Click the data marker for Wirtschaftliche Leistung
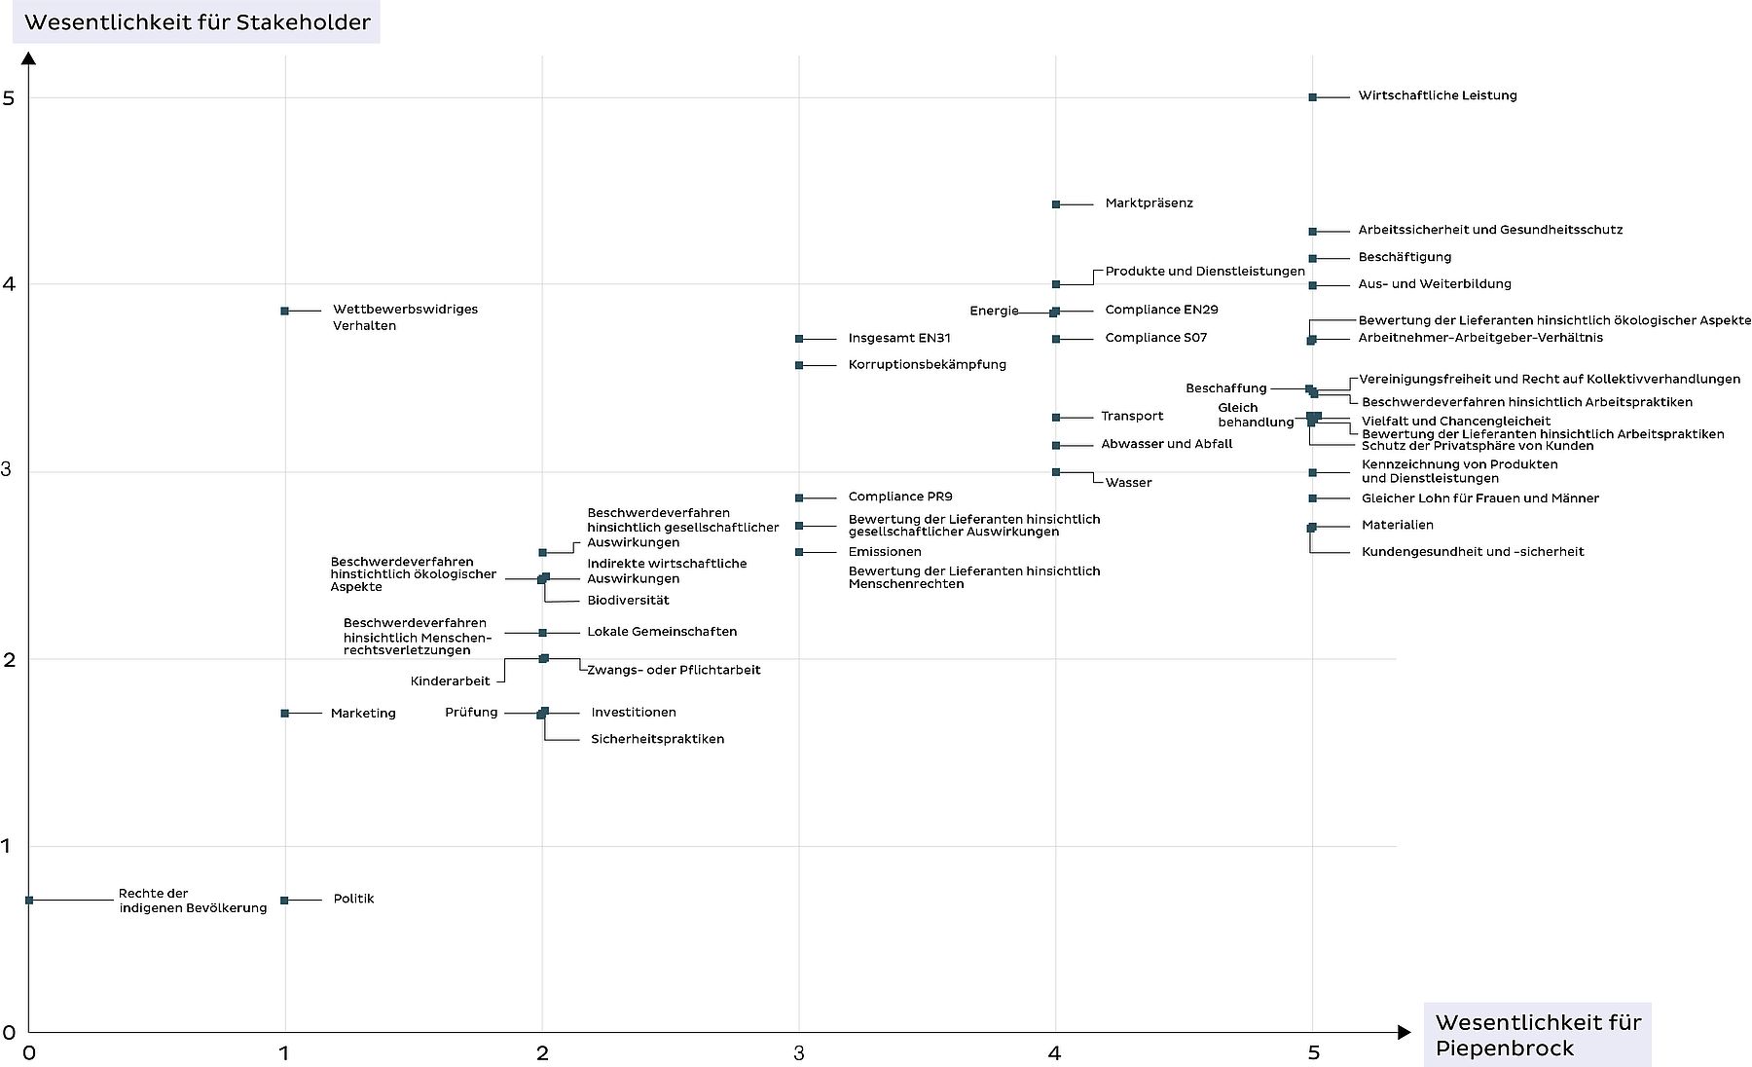point(1312,97)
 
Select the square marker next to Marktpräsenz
point(1056,204)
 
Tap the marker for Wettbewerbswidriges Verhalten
point(284,311)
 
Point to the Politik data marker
point(284,900)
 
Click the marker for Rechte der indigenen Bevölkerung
point(29,900)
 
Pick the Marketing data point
point(284,714)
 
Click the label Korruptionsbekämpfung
point(927,365)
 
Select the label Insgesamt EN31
point(898,339)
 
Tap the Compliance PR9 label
point(899,497)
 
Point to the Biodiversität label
point(628,601)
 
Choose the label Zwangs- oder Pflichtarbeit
point(674,670)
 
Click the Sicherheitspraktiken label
point(657,739)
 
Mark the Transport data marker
point(1056,418)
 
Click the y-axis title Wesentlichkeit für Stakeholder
point(197,22)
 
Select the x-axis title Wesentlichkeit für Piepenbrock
point(1537,1035)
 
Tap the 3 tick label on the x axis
point(799,1052)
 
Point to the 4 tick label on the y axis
point(9,284)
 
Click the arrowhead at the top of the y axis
point(29,58)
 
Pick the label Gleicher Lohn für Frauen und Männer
point(1479,498)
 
